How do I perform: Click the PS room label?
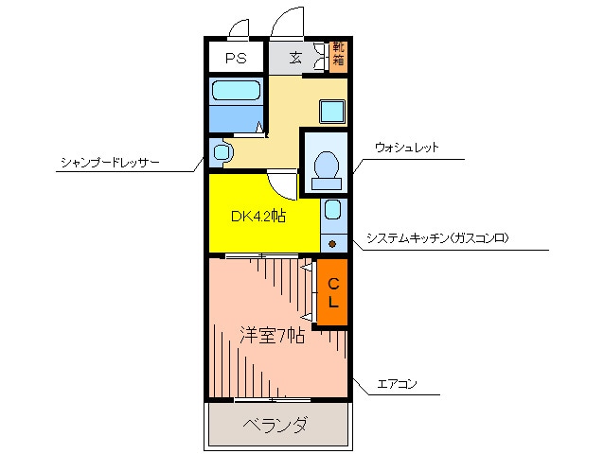pos(236,58)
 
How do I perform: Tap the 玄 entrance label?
pos(295,58)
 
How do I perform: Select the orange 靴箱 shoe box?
pos(339,57)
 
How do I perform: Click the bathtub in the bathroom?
pos(236,91)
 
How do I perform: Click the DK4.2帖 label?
pos(258,217)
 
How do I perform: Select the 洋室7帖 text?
pos(272,336)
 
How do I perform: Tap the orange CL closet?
pos(332,292)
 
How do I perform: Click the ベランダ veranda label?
pos(275,425)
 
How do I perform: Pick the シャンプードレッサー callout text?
pos(110,163)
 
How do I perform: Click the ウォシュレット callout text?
pos(407,148)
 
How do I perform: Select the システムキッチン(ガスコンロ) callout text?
pos(437,238)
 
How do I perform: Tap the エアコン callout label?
pos(397,384)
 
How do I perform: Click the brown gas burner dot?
pos(332,243)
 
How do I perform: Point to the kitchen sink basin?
pos(333,209)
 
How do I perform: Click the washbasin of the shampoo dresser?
pos(222,152)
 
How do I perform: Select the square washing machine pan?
pos(332,112)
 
